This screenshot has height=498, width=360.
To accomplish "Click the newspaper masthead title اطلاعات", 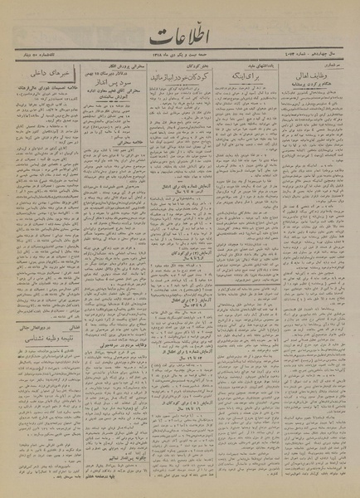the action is (178, 37).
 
